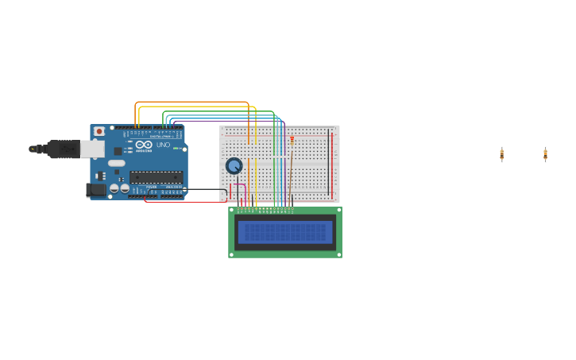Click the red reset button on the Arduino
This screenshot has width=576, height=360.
(99, 131)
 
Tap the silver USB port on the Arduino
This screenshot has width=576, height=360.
(91, 149)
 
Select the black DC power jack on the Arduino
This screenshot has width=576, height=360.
(95, 190)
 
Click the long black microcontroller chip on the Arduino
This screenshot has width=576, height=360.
(156, 177)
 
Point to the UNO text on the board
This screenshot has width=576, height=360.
(163, 145)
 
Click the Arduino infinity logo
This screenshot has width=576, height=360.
(144, 145)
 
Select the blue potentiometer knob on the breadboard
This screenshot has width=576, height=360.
(234, 165)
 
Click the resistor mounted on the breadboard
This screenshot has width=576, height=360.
(292, 141)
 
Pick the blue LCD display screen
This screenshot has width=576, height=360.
(285, 232)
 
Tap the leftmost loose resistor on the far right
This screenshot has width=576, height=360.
(501, 154)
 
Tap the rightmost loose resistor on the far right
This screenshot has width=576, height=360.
(545, 154)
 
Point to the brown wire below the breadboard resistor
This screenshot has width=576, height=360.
(290, 175)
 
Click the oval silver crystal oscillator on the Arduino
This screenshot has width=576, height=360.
(117, 163)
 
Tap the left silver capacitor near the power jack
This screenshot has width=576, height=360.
(114, 188)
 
